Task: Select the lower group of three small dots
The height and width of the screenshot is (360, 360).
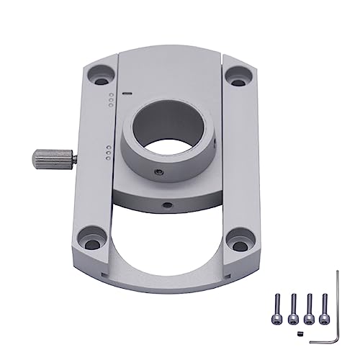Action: pyautogui.click(x=107, y=153)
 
